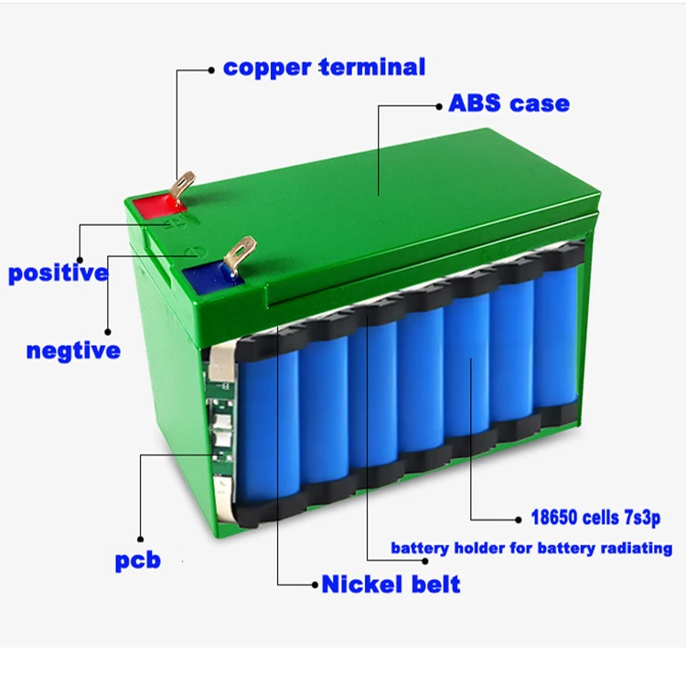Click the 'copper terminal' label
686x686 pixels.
[x=324, y=67]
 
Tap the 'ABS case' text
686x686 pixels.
[x=509, y=102]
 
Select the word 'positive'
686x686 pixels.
[x=58, y=273]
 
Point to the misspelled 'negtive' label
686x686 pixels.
[x=73, y=350]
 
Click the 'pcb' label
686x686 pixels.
[x=137, y=559]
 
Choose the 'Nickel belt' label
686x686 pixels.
[x=391, y=584]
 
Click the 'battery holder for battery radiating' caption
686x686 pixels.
[x=531, y=549]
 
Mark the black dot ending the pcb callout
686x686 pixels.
[x=141, y=539]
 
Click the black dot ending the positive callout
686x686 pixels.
[x=80, y=258]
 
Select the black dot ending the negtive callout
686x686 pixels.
[x=108, y=332]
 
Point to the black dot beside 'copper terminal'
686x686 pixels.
[x=213, y=69]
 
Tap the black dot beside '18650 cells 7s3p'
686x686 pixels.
[x=521, y=517]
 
